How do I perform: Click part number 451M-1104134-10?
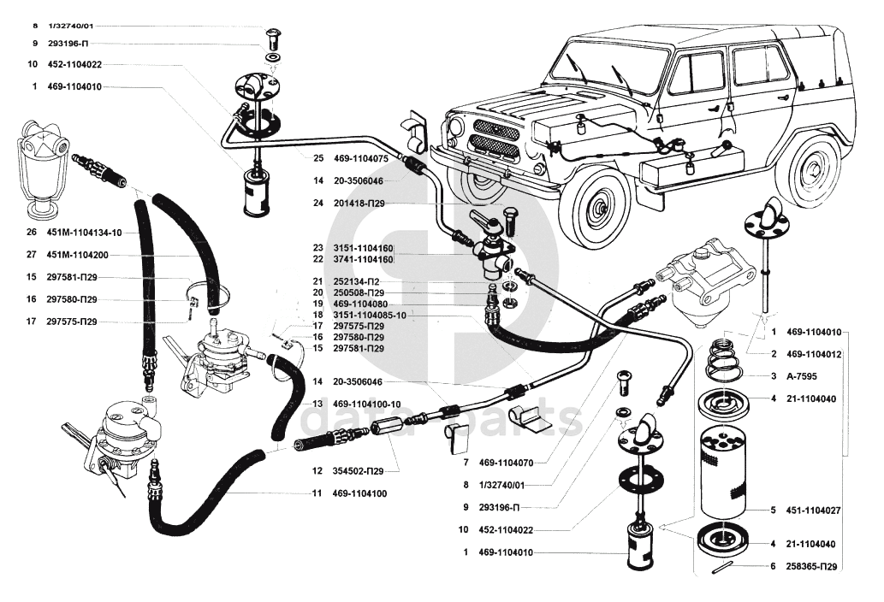pos(84,232)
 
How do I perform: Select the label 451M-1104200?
pos(77,255)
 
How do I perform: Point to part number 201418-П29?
pos(359,204)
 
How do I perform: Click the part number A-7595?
pos(801,376)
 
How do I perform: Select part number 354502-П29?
pos(358,471)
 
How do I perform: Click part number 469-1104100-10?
pos(366,404)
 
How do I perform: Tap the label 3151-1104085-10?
pos(370,315)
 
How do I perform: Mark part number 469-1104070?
pos(506,463)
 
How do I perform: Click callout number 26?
pos(32,232)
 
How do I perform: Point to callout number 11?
pos(317,493)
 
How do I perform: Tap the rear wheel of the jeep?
pos(813,168)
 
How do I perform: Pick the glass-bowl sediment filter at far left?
pos(40,169)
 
